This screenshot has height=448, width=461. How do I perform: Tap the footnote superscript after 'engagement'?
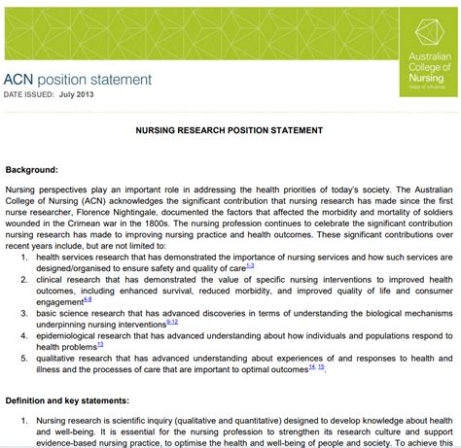(x=88, y=301)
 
